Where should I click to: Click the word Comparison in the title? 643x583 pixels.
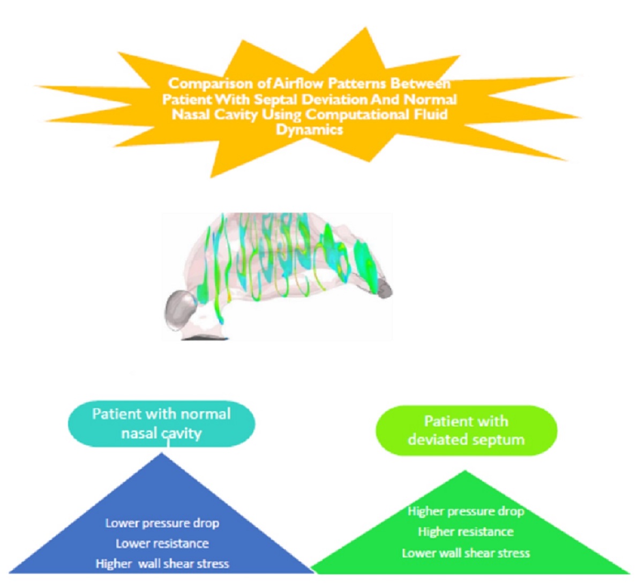coord(202,84)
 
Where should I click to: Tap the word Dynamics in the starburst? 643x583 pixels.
coord(309,130)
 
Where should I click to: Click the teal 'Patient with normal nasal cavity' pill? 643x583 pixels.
coord(161,423)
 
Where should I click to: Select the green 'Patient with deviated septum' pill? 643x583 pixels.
coord(466,430)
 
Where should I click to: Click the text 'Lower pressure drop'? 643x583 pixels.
coord(162,523)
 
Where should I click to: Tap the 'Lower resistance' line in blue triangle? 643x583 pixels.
coord(162,543)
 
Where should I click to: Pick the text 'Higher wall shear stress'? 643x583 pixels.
coord(162,564)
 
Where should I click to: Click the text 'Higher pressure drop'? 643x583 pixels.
coord(466,511)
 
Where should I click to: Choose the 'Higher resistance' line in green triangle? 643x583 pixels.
coord(466,532)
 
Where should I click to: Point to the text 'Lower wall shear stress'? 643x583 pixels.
coord(466,553)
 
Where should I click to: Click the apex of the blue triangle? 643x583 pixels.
coord(162,454)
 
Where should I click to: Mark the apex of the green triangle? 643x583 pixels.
coord(465,472)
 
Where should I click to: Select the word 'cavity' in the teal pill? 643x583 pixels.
coord(181,433)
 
